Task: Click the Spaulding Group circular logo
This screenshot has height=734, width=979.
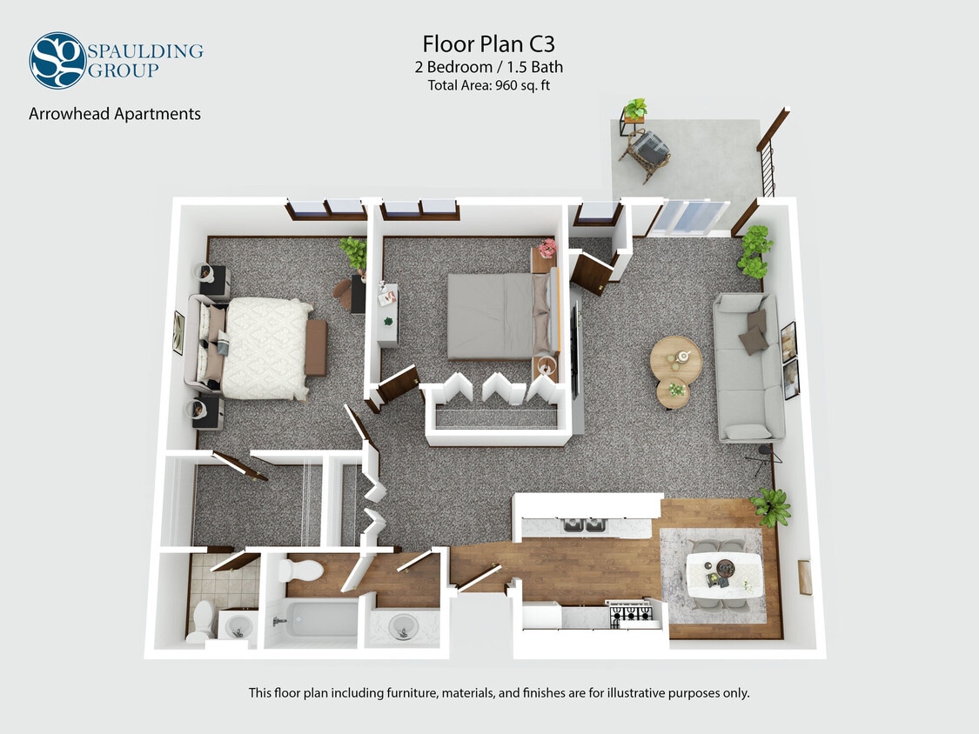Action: click(x=57, y=60)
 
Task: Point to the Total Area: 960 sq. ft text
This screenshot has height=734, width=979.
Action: click(x=488, y=85)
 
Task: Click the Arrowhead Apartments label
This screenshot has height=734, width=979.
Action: click(x=115, y=114)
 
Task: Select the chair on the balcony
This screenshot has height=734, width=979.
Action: click(x=646, y=153)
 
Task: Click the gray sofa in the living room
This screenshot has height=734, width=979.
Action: click(x=748, y=366)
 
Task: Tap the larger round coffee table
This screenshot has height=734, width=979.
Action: click(x=675, y=357)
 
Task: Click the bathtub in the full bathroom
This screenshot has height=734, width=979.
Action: click(x=311, y=619)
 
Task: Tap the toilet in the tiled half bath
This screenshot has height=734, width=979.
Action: click(x=203, y=619)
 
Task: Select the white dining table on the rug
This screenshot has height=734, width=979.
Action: click(x=724, y=575)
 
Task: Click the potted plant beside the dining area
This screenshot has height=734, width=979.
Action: click(x=770, y=506)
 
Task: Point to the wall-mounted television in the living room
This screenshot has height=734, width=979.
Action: click(x=574, y=349)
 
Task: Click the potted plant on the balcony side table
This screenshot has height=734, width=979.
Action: click(x=635, y=110)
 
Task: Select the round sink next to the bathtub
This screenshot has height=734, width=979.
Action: click(x=402, y=626)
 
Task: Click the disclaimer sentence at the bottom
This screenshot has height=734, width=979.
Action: click(x=499, y=693)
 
